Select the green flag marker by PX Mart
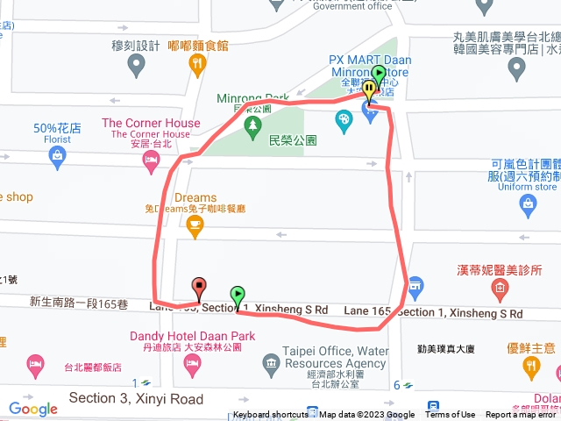pyautogui.click(x=379, y=75)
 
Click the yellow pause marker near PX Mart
pyautogui.click(x=370, y=89)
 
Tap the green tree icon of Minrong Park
pyautogui.click(x=252, y=128)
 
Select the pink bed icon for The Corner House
pyautogui.click(x=151, y=160)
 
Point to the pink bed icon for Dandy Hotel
pyautogui.click(x=35, y=362)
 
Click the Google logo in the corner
pyautogui.click(x=32, y=408)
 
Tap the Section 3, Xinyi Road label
pyautogui.click(x=135, y=400)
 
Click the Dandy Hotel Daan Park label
pyautogui.click(x=192, y=335)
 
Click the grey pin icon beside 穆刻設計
pyautogui.click(x=136, y=64)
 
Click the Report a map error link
pyautogui.click(x=521, y=415)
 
